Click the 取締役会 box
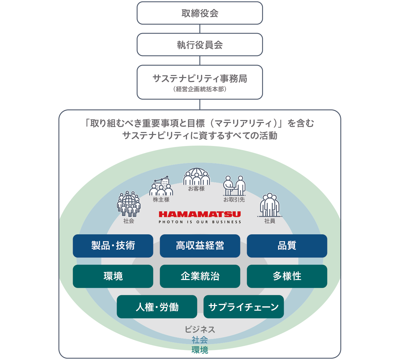(200, 13)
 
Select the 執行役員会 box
(200, 45)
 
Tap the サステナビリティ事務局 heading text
(200, 79)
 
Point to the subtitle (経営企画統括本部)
(200, 89)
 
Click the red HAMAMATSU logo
(200, 214)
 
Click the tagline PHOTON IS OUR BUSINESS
(200, 222)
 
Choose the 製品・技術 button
(113, 246)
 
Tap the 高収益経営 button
(200, 246)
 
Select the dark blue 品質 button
(287, 246)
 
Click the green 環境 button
(113, 276)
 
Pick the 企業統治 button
(200, 276)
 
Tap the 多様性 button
(287, 276)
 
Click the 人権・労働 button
(157, 307)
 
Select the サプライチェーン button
(244, 307)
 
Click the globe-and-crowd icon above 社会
(129, 204)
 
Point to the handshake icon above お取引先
(234, 186)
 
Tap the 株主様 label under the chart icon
(161, 200)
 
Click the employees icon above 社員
(270, 205)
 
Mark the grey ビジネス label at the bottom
(200, 329)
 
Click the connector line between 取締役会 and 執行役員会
(200, 29)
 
